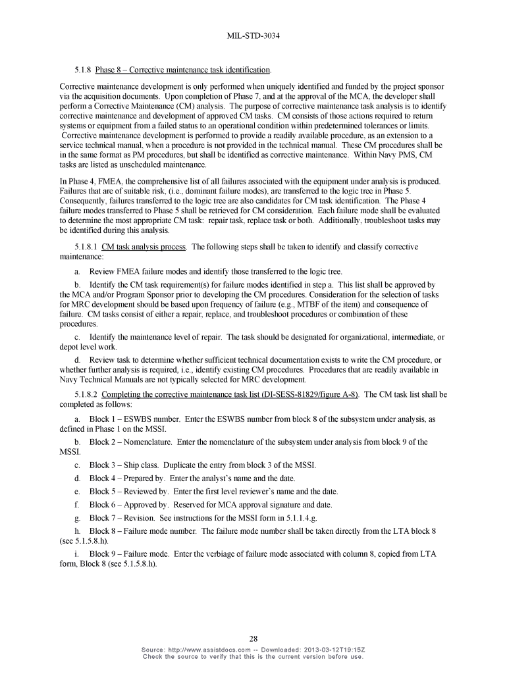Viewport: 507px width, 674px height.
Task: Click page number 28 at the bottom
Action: [x=254, y=638]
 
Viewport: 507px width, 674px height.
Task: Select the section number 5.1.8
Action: [x=83, y=70]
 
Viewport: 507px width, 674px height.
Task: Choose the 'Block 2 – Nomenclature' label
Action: [x=130, y=442]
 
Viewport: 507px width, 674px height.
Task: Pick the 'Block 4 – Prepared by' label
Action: [x=128, y=478]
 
